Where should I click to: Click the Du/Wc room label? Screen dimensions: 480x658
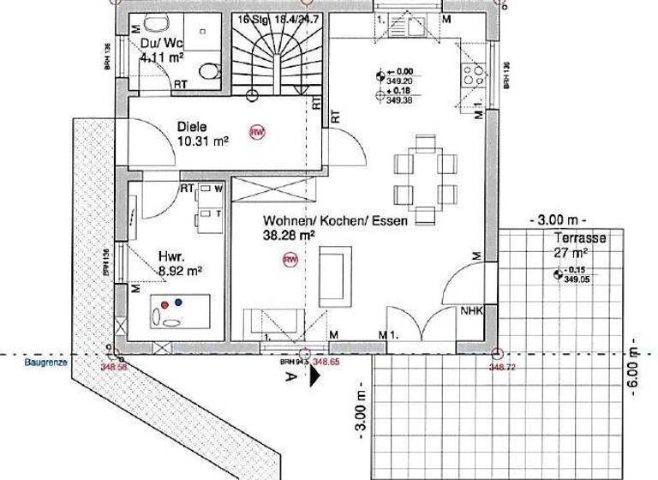161,43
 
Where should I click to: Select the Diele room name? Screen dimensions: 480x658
192,127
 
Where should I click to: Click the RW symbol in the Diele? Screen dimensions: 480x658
256,132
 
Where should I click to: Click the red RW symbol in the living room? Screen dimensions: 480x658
290,259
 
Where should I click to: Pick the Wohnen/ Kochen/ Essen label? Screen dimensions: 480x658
347,220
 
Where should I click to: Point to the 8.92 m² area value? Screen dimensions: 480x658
180,270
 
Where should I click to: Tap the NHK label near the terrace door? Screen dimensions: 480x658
472,311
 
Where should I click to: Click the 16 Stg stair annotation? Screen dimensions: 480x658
253,18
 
